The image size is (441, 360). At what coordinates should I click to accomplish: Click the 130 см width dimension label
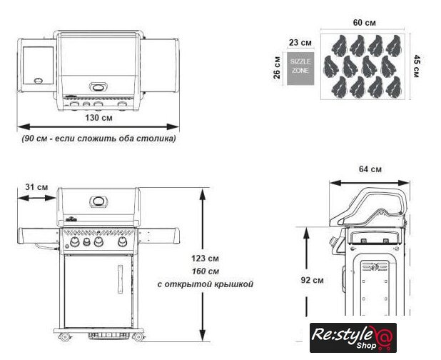[98, 117]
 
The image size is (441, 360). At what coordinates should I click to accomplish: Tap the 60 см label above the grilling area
[365, 23]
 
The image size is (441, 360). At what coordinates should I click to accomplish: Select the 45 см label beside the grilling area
[417, 66]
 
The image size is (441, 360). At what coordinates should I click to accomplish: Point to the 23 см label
[300, 43]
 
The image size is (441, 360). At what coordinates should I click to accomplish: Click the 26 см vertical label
[277, 68]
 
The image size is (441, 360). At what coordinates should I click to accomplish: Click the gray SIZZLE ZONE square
[300, 69]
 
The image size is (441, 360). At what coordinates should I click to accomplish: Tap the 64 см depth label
[370, 169]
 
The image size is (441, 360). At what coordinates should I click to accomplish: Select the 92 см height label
[312, 280]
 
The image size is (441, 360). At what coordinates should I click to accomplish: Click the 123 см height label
[205, 258]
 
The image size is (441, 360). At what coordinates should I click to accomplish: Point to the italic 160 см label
[206, 271]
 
